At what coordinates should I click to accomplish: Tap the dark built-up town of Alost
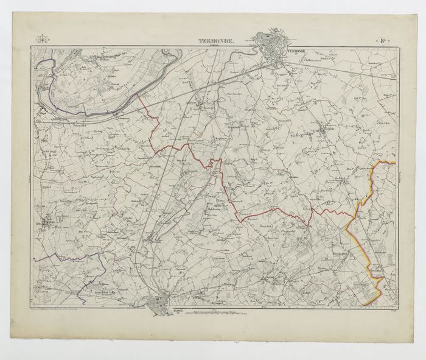[161, 302]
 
